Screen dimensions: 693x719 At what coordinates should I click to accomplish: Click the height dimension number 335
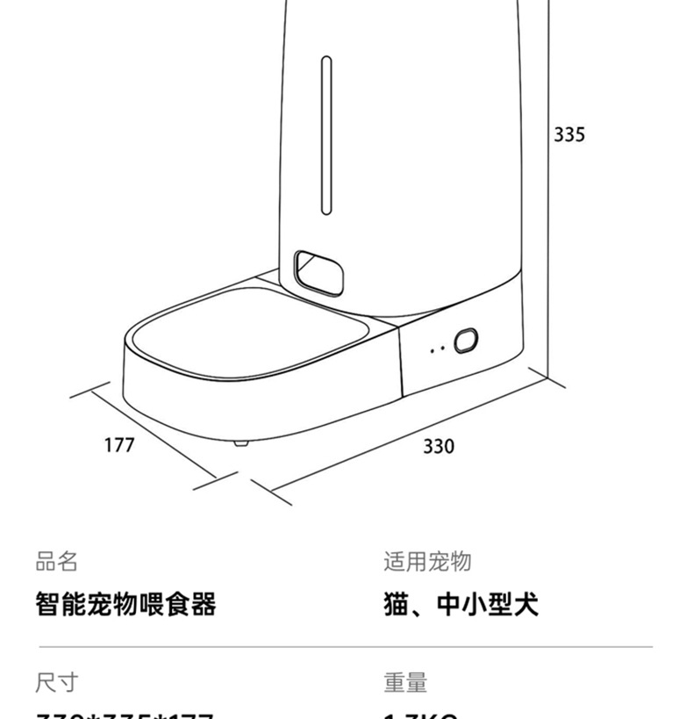pyautogui.click(x=568, y=134)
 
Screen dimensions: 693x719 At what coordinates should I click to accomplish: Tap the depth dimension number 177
pyautogui.click(x=119, y=445)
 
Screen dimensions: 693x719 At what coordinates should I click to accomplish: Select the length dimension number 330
pyautogui.click(x=439, y=447)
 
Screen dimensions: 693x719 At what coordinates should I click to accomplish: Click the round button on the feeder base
pyautogui.click(x=465, y=341)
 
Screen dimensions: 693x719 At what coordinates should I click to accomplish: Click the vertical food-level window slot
pyautogui.click(x=326, y=135)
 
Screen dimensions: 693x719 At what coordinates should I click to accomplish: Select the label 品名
pyautogui.click(x=56, y=561)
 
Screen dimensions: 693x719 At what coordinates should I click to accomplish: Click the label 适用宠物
pyautogui.click(x=427, y=561)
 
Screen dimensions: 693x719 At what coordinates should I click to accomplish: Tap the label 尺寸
pyautogui.click(x=56, y=681)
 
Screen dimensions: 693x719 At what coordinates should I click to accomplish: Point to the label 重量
pyautogui.click(x=404, y=681)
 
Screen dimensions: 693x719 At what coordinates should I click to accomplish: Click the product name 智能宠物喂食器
pyautogui.click(x=125, y=604)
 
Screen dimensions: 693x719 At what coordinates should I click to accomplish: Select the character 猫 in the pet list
pyautogui.click(x=396, y=604)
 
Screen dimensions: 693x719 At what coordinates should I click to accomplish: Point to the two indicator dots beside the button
pyautogui.click(x=438, y=349)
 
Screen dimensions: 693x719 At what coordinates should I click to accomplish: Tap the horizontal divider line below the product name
pyautogui.click(x=346, y=647)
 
